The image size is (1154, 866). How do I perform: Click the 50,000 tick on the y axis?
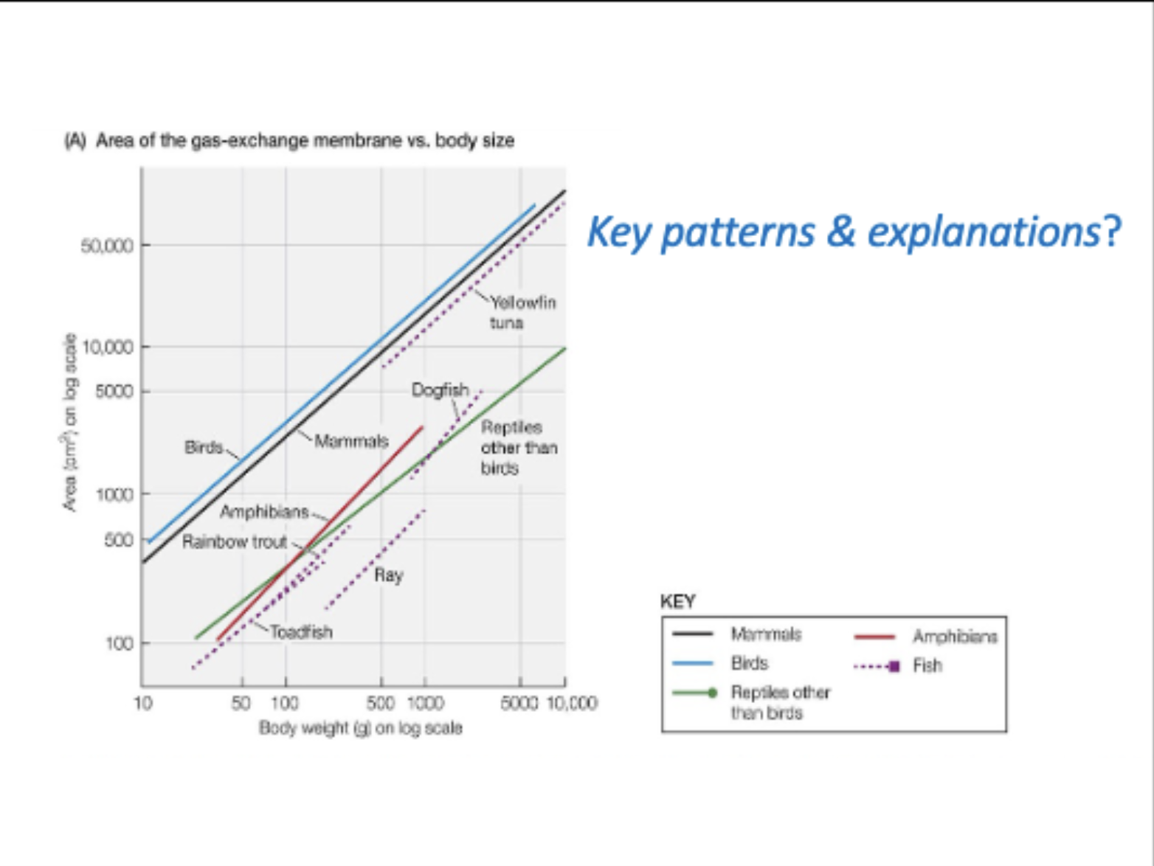108,246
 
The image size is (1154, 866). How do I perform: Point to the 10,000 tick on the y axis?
108,347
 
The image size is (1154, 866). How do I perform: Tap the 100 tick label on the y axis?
119,644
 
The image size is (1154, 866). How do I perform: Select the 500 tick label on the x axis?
380,703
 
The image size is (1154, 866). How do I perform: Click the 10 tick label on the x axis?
142,703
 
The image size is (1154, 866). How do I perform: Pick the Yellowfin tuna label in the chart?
522,312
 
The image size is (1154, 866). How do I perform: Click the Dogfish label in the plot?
440,389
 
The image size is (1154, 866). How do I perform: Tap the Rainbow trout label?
235,542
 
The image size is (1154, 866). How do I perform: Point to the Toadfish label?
301,632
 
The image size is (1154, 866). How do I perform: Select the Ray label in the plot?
388,575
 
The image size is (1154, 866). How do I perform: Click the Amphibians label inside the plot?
264,512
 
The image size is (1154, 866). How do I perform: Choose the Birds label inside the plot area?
204,447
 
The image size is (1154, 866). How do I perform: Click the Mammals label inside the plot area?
351,441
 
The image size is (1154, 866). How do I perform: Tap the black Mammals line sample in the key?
692,634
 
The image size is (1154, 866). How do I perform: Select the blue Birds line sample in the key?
692,663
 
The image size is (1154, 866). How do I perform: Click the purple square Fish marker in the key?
894,666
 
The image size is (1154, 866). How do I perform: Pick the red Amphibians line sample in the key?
874,637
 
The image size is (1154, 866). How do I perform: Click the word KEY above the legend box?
677,602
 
